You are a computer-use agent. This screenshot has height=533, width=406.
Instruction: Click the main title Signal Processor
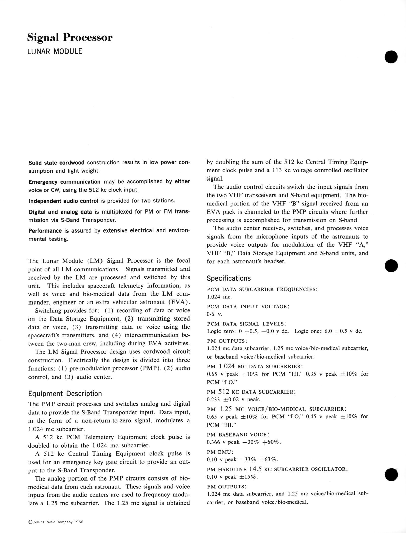tap(70, 38)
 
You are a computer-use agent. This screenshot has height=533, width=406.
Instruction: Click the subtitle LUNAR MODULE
tap(55, 51)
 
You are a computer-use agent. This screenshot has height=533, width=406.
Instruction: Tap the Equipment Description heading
tap(65, 394)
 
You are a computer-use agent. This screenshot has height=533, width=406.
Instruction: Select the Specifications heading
tap(229, 278)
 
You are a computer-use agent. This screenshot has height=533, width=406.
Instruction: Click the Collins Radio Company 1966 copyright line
tap(56, 522)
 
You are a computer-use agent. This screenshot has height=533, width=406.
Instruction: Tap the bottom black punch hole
tap(391, 474)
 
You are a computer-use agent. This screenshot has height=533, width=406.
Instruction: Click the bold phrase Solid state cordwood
tap(57, 163)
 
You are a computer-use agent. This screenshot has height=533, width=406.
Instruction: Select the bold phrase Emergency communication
tap(64, 182)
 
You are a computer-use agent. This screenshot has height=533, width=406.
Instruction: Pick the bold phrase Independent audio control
tap(63, 201)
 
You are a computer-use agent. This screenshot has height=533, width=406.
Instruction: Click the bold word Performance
tap(45, 231)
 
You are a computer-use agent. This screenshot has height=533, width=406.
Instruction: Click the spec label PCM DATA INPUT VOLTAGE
tap(248, 307)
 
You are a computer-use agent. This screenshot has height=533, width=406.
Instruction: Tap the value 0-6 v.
tap(214, 314)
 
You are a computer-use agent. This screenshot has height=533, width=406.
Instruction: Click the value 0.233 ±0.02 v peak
tap(233, 400)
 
